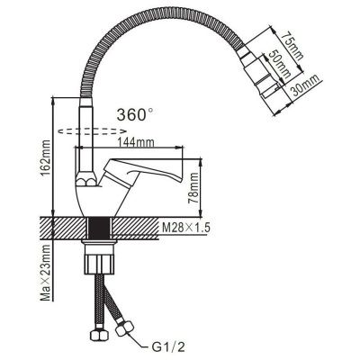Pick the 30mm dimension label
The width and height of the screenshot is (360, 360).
point(303,85)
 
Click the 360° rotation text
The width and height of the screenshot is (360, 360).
point(135,114)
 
